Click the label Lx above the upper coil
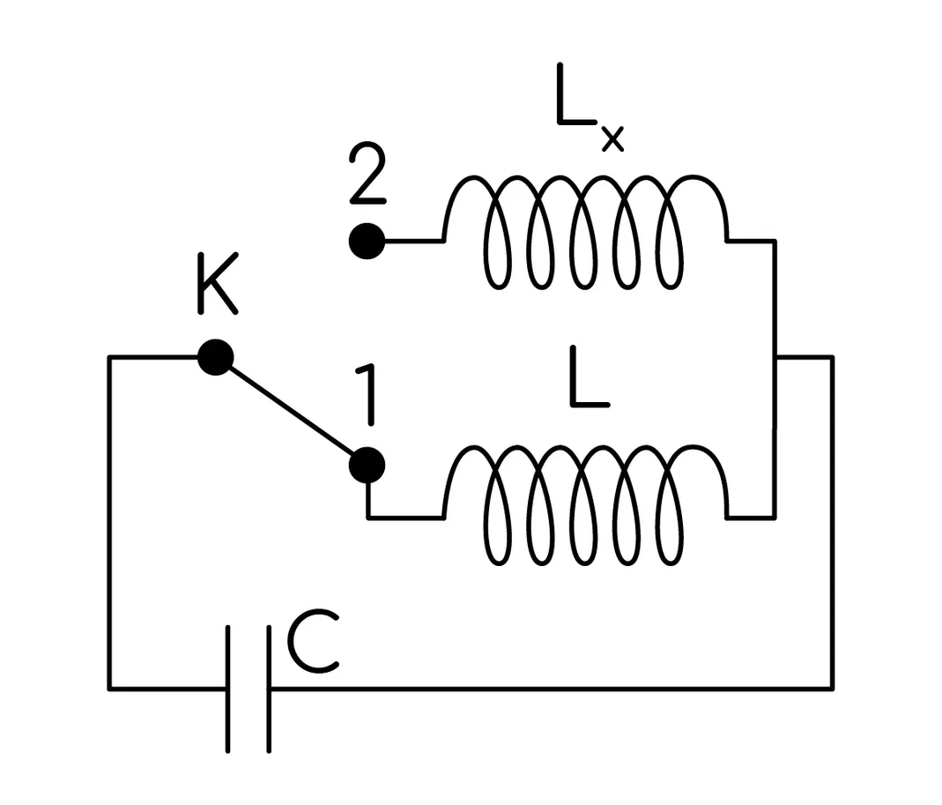coord(589,107)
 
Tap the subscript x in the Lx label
coord(612,139)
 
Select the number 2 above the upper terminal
coord(367,174)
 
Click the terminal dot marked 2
coord(367,241)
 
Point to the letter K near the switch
coord(218,283)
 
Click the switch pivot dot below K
coord(216,357)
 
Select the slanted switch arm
coord(292,411)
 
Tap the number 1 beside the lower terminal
coord(367,395)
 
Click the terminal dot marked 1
coord(367,466)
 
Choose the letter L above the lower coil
coord(589,377)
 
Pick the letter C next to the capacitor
coord(313,642)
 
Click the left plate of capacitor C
coord(228,689)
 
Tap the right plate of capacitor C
coord(269,689)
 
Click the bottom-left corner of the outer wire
coord(109,689)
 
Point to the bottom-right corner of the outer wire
coord(833,689)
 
